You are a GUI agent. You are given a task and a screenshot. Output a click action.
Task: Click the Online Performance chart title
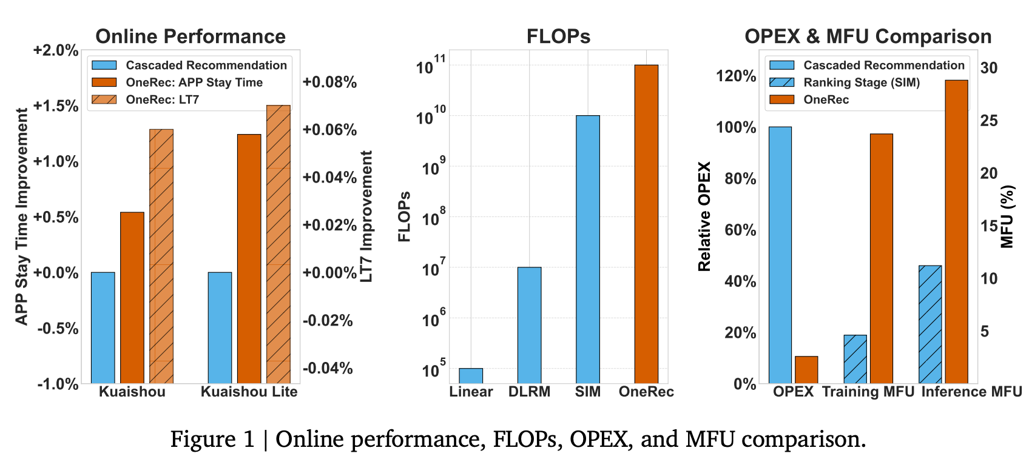(191, 36)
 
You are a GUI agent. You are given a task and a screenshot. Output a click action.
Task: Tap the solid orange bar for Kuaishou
(132, 297)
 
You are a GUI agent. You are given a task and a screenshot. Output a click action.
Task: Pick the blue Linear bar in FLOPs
(471, 375)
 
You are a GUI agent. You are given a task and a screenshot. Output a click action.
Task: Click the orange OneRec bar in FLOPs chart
(646, 224)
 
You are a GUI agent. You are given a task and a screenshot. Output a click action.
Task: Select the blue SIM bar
(587, 249)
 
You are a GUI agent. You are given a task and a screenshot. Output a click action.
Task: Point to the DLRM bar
(529, 325)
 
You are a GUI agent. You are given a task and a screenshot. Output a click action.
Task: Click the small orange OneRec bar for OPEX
(806, 369)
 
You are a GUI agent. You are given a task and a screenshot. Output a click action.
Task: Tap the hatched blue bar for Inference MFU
(930, 324)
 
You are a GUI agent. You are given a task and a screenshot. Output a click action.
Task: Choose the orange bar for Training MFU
(882, 258)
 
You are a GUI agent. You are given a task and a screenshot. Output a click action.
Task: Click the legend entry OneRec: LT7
(162, 99)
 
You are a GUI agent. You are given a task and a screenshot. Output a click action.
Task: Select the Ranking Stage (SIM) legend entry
(861, 82)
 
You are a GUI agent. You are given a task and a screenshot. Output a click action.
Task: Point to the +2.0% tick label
(56, 50)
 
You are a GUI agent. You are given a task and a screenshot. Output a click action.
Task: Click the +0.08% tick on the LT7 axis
(329, 82)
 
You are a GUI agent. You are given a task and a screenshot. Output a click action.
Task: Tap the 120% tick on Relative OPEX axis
(736, 76)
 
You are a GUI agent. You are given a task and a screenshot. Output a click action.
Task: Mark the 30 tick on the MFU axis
(988, 68)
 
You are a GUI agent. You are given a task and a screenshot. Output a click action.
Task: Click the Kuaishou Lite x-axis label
(249, 392)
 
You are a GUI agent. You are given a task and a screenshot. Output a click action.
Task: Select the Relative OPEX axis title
(704, 216)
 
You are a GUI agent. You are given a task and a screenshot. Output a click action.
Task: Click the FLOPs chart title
(558, 36)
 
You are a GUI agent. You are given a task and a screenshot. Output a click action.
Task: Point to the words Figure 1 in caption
(212, 438)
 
